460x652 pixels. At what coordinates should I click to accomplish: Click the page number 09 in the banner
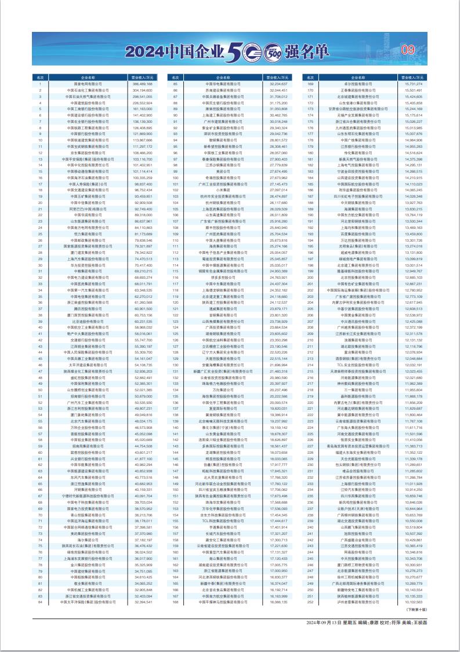pyautogui.click(x=408, y=50)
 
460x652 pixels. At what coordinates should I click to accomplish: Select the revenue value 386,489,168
pyautogui.click(x=142, y=84)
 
